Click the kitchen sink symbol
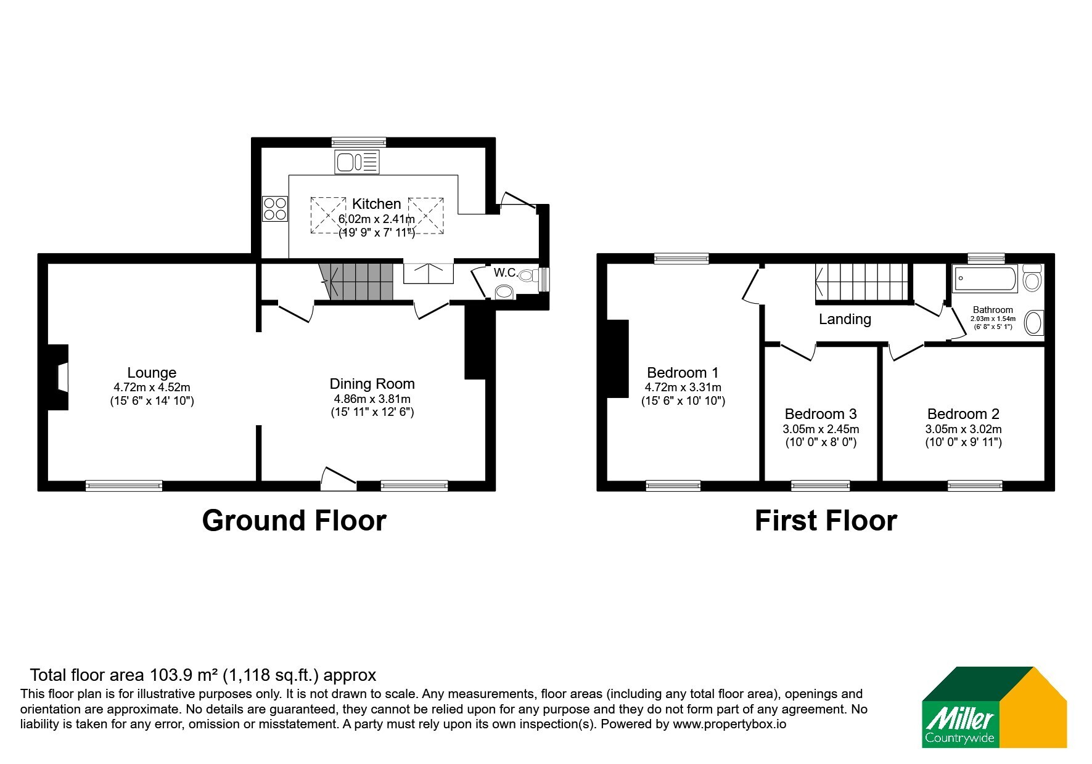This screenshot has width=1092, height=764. click(x=357, y=162)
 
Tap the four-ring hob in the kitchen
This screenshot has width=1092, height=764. click(x=275, y=208)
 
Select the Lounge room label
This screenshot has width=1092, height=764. click(x=152, y=373)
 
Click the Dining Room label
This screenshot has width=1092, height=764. click(x=372, y=384)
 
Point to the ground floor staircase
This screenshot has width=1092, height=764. click(x=356, y=282)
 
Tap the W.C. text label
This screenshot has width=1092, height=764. click(x=505, y=272)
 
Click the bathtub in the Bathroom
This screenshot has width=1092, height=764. click(x=985, y=279)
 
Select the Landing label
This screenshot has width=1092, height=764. click(x=845, y=319)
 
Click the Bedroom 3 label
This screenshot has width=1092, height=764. click(x=821, y=414)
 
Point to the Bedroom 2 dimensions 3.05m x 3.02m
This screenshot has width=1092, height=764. click(x=963, y=429)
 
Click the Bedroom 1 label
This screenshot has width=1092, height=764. click(x=683, y=373)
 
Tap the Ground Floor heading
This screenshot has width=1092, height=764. click(x=294, y=521)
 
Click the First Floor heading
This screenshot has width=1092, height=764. click(x=826, y=521)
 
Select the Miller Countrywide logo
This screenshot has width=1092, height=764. click(x=994, y=707)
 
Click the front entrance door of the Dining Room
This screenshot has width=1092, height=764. click(x=338, y=480)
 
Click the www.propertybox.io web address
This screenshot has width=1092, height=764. click(x=729, y=725)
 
